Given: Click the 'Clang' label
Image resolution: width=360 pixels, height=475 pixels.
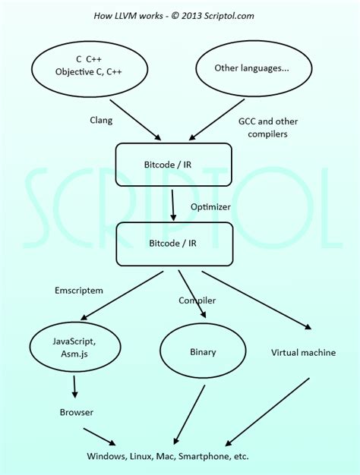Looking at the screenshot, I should [103, 120].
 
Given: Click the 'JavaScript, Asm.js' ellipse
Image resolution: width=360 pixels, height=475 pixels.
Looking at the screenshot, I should [74, 348].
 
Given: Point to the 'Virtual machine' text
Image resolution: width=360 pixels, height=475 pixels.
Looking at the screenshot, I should [303, 352].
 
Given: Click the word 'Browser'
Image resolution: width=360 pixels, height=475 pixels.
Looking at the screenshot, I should [76, 412].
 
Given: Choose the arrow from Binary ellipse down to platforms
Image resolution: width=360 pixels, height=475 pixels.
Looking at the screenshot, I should [189, 414].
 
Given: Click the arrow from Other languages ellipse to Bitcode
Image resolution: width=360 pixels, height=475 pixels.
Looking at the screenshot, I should [217, 120].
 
